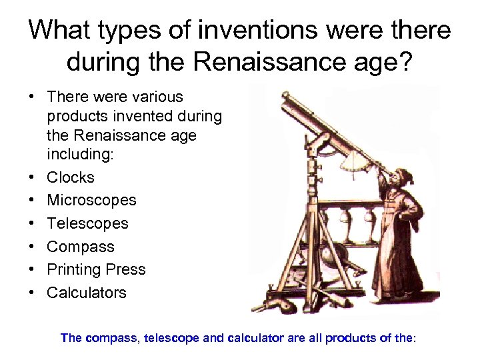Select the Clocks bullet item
pos(70,177)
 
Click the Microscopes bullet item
pos(91,200)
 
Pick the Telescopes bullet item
pos(87,223)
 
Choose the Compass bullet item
pos(80,247)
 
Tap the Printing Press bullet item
pos(96,269)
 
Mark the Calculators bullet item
pos(86,293)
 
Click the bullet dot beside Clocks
pos(31,177)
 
